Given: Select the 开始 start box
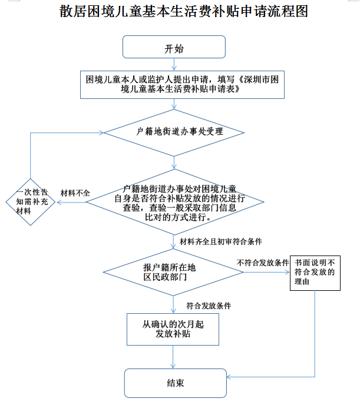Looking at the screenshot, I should (174, 47).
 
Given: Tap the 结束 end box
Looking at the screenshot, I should (175, 383).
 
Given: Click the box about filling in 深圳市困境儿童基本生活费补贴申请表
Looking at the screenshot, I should (182, 85).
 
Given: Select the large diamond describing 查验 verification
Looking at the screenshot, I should (175, 203).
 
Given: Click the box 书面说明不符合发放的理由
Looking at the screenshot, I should (315, 272).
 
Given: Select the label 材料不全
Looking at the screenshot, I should (75, 193).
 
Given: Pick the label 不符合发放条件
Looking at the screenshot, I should (262, 262).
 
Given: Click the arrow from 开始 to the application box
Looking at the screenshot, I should (174, 65).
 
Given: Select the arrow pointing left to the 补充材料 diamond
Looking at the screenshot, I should (71, 203).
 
